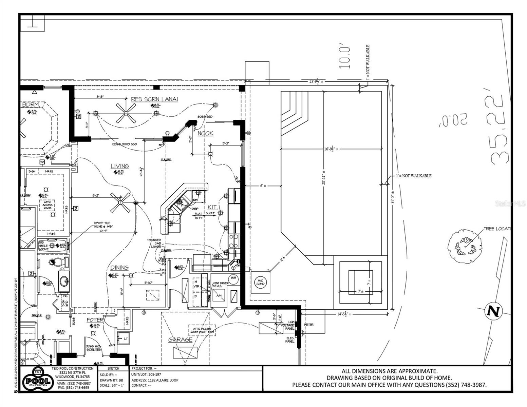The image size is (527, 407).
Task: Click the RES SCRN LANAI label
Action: point(154,99)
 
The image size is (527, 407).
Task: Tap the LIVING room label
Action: point(120,166)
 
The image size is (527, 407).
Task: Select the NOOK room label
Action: point(205,133)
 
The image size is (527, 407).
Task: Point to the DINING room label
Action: point(119,268)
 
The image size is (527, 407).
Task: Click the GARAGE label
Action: point(180,340)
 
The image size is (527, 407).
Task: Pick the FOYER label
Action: point(95,320)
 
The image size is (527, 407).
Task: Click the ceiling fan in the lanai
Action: point(126,113)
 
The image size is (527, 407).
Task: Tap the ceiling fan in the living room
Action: point(120,202)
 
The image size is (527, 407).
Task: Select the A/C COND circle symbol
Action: point(261,282)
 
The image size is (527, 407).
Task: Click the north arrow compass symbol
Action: point(493,311)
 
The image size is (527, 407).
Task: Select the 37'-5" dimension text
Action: point(393,196)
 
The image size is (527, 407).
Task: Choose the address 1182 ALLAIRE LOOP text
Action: point(154,380)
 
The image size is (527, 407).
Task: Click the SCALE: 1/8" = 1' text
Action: point(112,386)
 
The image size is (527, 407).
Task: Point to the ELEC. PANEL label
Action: point(289,340)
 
